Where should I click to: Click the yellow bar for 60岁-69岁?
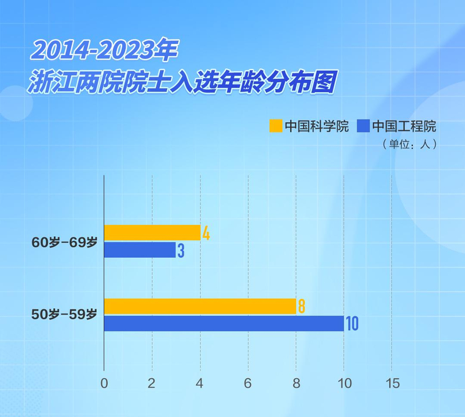tap(152, 233)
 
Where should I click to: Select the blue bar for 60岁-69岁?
tap(140, 250)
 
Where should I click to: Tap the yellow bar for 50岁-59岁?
tap(200, 306)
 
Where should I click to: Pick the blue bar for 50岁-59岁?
tap(224, 323)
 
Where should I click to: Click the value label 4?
tap(206, 233)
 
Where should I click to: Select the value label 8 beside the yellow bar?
tap(301, 306)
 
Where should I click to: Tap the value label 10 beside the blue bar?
tap(352, 324)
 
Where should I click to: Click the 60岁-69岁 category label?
tap(64, 243)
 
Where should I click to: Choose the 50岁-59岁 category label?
tap(64, 315)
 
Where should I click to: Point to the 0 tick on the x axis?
tap(104, 383)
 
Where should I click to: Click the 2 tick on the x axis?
tap(152, 383)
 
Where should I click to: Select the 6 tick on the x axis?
tap(248, 383)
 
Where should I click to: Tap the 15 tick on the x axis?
tap(392, 383)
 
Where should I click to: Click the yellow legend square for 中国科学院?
tap(276, 126)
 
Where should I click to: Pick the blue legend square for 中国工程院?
tap(363, 126)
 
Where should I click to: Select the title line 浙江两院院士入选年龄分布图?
tap(183, 82)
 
